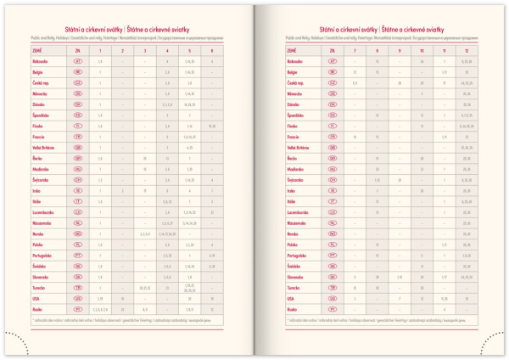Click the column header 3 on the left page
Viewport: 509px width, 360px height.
coord(145,51)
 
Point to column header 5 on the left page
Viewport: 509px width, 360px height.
coord(190,51)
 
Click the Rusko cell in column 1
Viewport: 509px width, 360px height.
coord(101,308)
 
